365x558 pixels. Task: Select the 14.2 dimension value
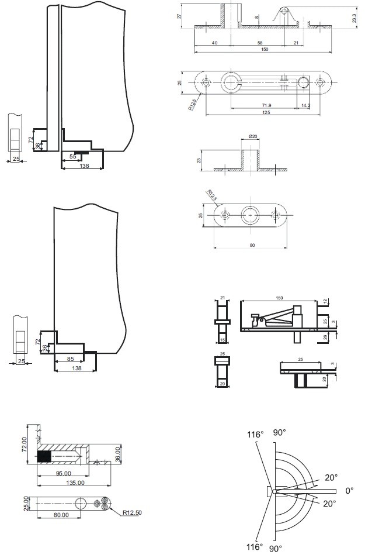(306, 105)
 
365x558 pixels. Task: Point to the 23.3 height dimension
(355, 19)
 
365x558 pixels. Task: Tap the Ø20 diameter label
(253, 136)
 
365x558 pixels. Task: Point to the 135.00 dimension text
(75, 483)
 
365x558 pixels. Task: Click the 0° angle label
(349, 491)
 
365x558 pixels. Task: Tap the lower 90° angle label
(276, 549)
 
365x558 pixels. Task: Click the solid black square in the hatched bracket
(44, 457)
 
